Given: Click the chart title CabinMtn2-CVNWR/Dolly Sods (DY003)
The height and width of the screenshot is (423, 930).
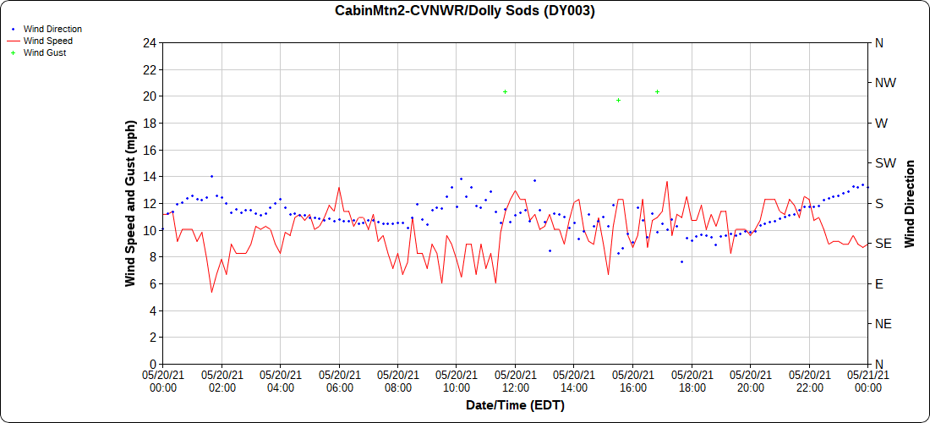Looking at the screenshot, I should (464, 11).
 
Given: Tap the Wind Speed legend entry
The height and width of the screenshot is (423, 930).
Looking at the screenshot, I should (47, 41).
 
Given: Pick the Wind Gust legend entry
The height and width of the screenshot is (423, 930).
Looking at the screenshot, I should (44, 52).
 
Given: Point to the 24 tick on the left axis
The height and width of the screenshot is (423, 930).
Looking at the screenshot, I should (150, 42).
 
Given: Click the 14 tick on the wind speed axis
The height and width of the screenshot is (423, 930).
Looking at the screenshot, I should (150, 176).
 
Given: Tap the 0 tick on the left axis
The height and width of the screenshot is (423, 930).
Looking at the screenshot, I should (153, 364).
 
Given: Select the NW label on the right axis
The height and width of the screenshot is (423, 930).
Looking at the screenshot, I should (885, 83).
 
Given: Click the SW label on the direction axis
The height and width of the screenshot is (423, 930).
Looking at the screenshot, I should (885, 163).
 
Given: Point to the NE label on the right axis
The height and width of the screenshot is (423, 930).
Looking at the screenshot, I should (883, 324).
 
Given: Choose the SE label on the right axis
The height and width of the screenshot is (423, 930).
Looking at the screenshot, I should (883, 244).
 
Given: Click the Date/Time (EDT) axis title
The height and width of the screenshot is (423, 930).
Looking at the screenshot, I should (515, 405).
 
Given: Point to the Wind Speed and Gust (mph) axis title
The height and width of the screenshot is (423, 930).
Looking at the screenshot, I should (130, 203).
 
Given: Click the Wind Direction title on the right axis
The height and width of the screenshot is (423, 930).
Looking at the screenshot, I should (910, 203).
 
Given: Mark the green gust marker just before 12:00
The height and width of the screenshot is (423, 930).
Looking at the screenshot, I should (505, 91).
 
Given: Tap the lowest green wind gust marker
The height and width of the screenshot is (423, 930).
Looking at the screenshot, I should (618, 100).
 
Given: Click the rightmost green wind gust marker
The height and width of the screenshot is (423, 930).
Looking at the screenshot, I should (657, 91).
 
